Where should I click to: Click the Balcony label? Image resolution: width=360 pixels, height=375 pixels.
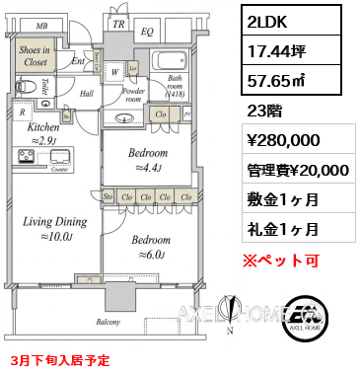pos(108,323)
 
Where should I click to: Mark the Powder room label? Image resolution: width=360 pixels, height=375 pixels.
pos(133,94)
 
